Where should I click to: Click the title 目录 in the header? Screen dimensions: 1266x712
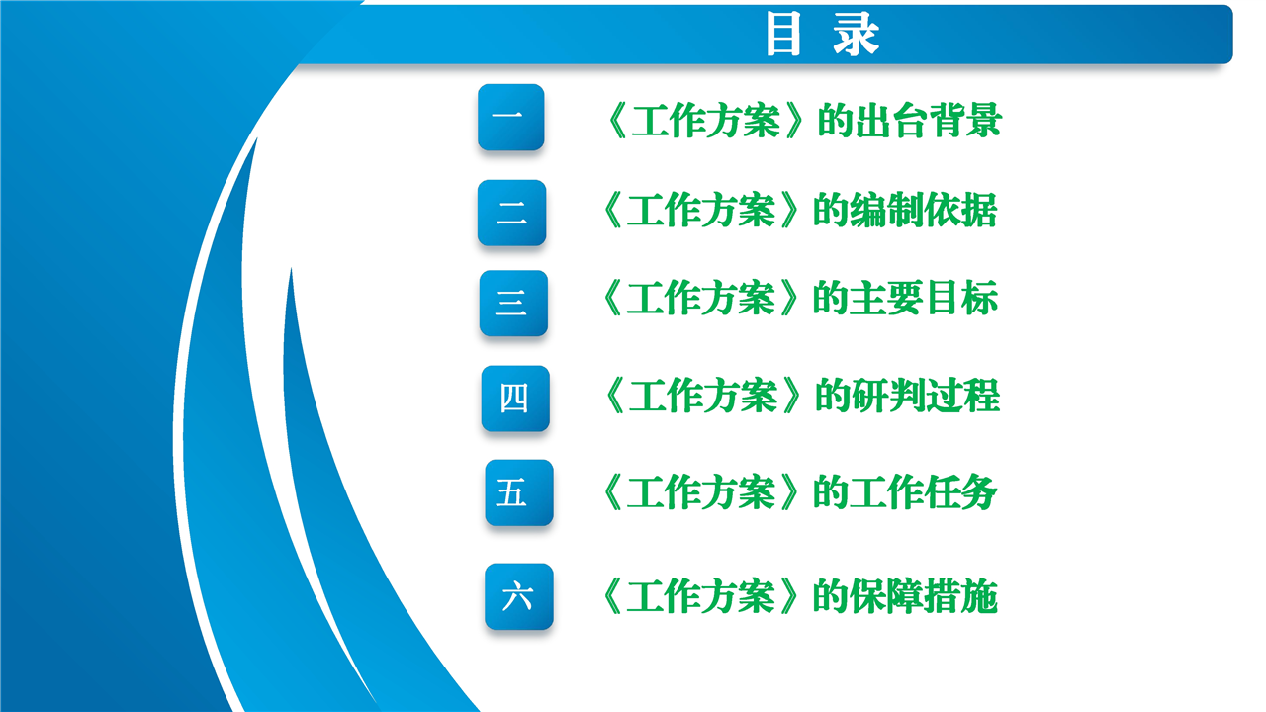coord(822,35)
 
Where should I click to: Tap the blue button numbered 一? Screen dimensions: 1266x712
coord(511,117)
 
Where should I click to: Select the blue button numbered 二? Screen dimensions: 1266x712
coord(511,213)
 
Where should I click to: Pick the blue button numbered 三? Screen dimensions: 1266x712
coord(513,303)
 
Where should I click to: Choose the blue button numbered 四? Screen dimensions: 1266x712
coord(515,399)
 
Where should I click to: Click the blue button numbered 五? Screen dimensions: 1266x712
coord(519,492)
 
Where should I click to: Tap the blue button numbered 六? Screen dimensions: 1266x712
coord(519,596)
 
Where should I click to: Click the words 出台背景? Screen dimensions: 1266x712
coord(929,120)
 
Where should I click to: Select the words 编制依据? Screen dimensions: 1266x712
coord(924,210)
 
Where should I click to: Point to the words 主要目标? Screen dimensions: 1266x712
coord(924,298)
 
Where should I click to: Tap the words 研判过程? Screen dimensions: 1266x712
coord(927,396)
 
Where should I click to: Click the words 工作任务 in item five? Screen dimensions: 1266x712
coord(924,492)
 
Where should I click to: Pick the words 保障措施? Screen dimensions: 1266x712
coord(924,596)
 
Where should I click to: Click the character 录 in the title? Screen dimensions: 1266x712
coord(856,35)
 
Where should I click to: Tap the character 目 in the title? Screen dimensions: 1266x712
coord(783,35)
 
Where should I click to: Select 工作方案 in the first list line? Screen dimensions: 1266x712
coord(706,120)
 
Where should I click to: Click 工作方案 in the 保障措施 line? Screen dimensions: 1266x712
coord(701,596)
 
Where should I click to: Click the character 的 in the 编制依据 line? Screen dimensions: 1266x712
coord(831,210)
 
